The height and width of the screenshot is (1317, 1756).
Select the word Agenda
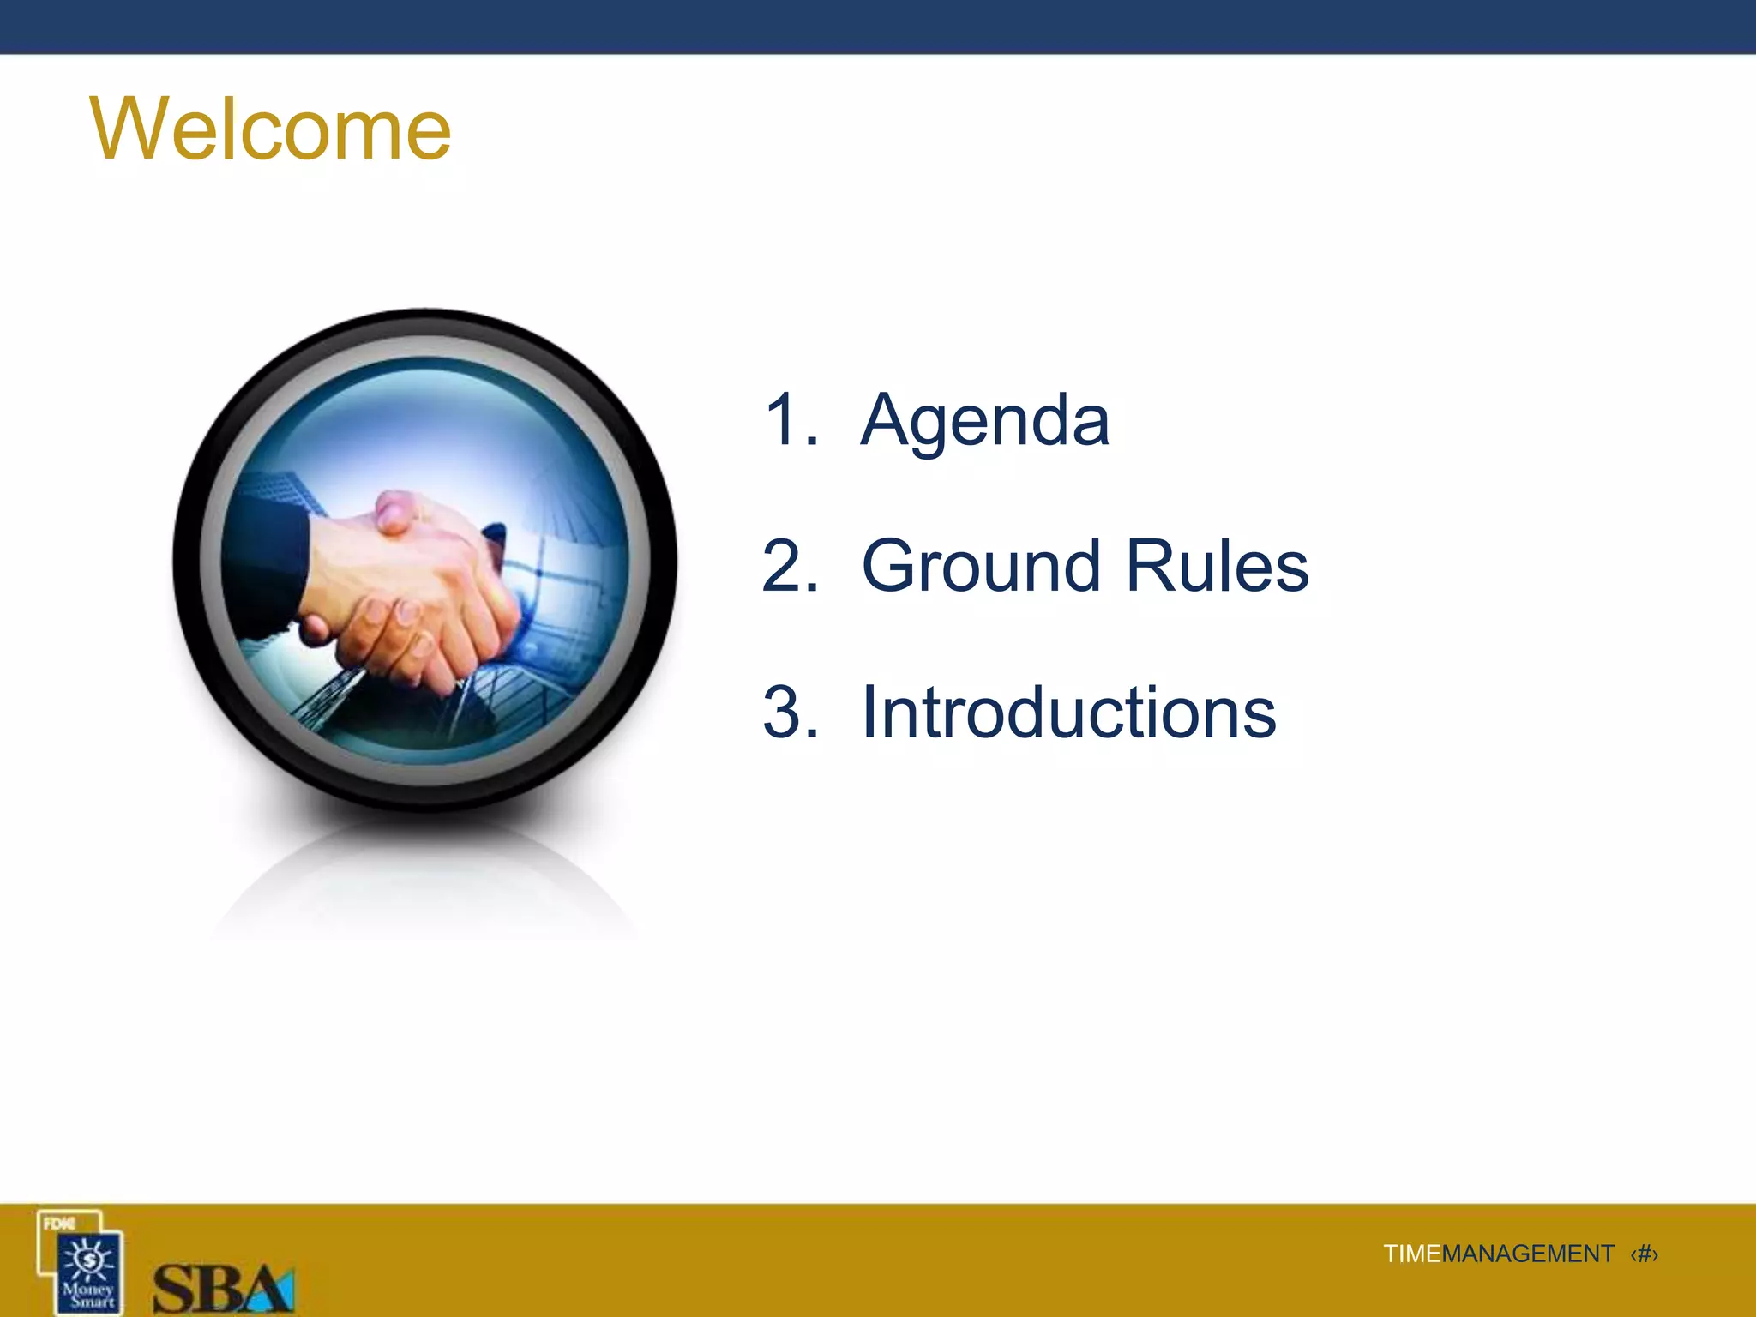(985, 420)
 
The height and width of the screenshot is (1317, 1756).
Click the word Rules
(1217, 567)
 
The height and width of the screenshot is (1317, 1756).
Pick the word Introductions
(1068, 713)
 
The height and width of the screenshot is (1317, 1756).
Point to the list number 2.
(789, 567)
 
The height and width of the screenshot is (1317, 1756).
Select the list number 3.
(789, 713)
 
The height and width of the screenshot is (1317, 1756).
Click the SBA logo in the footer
(223, 1288)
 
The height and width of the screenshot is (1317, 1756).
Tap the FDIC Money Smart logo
(81, 1262)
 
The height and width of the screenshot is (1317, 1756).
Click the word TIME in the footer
(1411, 1254)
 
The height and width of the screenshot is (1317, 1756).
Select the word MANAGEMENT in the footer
(1528, 1254)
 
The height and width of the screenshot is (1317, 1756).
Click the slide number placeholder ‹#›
(1644, 1254)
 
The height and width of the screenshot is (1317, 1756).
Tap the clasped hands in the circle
(412, 592)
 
